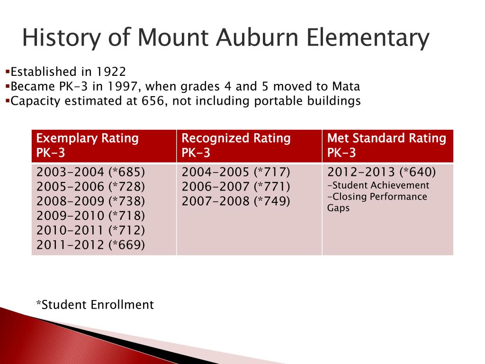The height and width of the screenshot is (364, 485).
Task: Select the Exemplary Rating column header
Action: click(88, 138)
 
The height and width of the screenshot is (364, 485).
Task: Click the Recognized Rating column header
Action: click(236, 138)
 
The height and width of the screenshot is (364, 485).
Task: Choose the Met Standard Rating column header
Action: click(386, 138)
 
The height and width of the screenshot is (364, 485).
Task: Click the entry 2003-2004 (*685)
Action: click(91, 172)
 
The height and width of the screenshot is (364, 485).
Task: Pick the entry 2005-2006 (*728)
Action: click(91, 186)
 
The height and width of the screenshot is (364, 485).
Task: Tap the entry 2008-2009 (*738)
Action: click(91, 201)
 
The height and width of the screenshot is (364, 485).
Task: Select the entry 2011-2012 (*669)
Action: click(91, 245)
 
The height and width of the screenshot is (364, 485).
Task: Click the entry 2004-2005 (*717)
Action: click(236, 172)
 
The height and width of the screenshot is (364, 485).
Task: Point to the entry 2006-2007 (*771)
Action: click(236, 186)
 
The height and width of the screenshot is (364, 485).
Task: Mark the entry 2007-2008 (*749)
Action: click(236, 201)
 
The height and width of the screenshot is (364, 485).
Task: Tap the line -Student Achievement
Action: click(378, 185)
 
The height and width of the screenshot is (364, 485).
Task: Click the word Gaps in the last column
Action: click(338, 208)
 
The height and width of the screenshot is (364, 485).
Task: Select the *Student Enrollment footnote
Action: click(95, 305)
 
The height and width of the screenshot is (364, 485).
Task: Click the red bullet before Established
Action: click(8, 72)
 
